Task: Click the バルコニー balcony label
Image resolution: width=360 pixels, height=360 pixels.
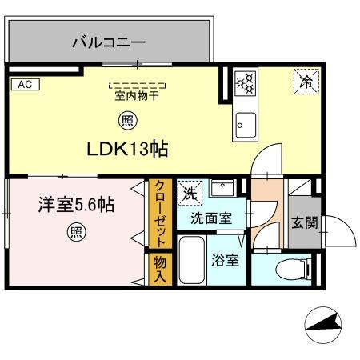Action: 108,40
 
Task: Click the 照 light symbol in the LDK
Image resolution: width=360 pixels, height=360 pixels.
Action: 127,121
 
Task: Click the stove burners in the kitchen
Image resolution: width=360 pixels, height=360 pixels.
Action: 245,81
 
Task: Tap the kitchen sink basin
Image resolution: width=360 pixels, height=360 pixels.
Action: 245,125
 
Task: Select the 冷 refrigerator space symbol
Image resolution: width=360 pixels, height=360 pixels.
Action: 306,79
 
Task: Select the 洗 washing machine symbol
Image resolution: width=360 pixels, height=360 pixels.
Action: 189,192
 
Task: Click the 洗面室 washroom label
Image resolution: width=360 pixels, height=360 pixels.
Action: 211,216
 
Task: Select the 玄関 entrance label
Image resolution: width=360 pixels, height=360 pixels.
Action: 302,222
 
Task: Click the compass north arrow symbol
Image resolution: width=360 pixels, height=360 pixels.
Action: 325,325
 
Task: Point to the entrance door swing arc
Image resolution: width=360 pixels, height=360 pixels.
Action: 341,232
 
